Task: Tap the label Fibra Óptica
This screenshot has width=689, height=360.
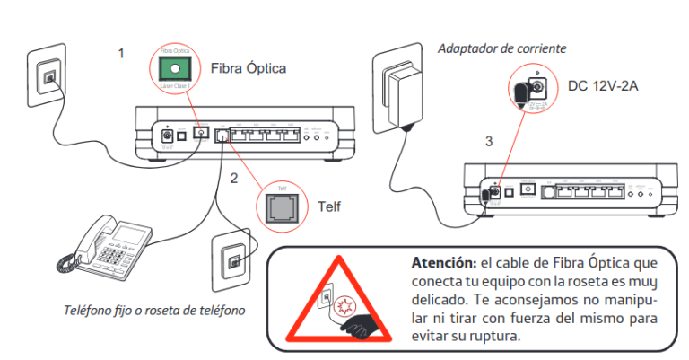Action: click(249, 68)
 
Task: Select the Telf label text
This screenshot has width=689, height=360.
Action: click(329, 206)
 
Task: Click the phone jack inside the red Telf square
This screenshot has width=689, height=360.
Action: click(281, 206)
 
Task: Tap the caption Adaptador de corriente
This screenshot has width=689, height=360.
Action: click(501, 48)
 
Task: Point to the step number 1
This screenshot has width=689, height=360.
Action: click(121, 53)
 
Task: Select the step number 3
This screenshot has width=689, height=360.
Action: click(488, 142)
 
